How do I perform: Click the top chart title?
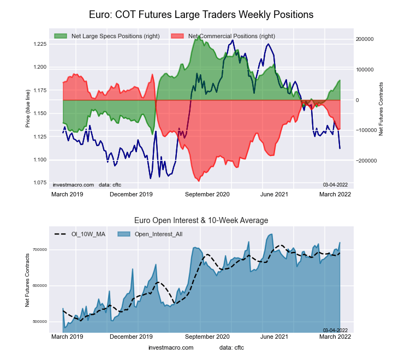pos(201,14)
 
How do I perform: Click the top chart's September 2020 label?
pos(207,194)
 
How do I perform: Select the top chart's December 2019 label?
pos(131,194)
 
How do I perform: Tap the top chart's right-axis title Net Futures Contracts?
pos(381,109)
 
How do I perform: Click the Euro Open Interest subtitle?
pos(201,220)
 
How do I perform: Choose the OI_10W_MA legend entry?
pos(86,234)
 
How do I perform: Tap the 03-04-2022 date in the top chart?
pos(335,185)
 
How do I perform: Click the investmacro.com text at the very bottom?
pos(171,347)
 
